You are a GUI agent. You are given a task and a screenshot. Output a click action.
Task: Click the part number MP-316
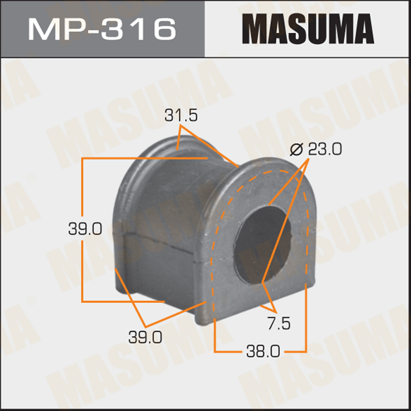(102, 29)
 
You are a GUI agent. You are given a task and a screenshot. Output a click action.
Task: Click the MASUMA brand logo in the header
(308, 28)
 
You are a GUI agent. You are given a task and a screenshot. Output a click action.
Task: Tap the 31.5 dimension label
(181, 115)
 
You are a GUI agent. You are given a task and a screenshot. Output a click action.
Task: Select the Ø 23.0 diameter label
(316, 149)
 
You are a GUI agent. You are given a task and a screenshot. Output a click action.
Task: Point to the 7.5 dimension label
(279, 323)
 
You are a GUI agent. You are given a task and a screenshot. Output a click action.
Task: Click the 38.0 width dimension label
(263, 351)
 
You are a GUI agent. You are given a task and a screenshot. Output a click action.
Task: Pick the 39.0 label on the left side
(85, 228)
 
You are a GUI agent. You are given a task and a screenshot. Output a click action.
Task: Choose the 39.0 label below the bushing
(145, 337)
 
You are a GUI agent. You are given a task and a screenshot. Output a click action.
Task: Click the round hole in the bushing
(263, 245)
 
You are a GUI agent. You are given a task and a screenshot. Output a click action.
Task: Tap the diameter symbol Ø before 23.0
(296, 149)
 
